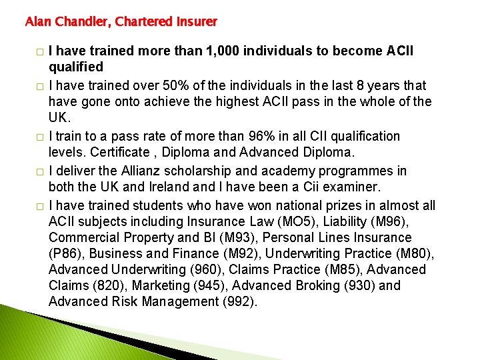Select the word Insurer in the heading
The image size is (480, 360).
click(x=197, y=21)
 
